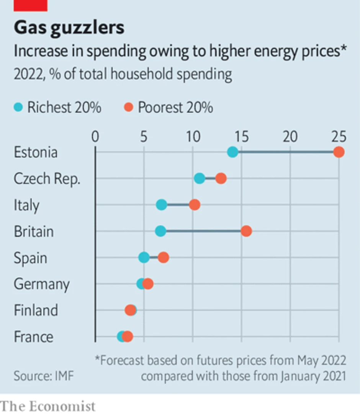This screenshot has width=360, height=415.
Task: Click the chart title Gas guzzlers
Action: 69,28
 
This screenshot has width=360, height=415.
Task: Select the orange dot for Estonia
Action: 339,152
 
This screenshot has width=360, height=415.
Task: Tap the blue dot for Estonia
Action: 232,152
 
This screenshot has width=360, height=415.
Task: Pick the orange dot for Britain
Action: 246,231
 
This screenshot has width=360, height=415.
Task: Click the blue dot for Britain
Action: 160,231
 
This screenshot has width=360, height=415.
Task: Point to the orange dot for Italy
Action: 195,205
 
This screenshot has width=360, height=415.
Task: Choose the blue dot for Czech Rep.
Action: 200,178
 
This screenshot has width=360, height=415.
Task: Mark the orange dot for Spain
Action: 164,258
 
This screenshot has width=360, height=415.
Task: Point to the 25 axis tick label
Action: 338,136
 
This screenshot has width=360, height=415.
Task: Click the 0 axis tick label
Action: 95,136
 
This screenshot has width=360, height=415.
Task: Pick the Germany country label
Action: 42,284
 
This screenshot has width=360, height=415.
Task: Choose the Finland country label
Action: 36,310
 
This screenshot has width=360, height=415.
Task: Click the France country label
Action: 34,337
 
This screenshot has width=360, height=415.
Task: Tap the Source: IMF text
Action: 43,376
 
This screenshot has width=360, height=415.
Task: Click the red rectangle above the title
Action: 31,5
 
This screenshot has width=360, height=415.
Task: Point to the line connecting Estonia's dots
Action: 285,152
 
